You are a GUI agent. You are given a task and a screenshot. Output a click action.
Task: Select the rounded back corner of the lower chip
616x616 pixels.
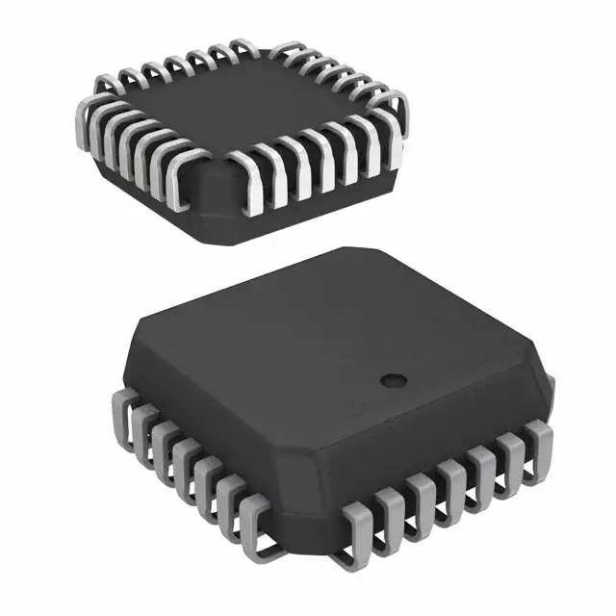[346, 254]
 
